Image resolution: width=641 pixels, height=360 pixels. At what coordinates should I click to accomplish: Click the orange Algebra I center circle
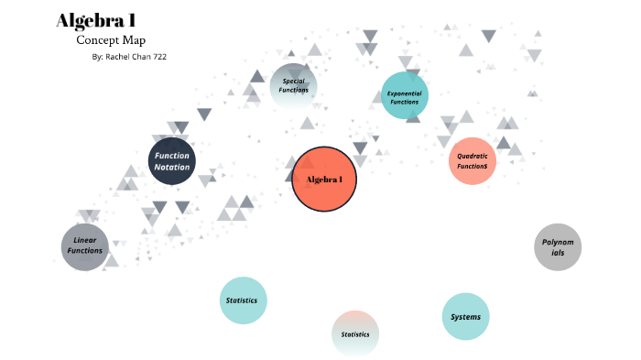coord(323,179)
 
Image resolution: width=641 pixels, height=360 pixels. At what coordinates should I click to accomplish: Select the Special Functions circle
coord(294,86)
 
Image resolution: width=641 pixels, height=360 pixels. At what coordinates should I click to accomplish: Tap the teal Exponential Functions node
coord(404,96)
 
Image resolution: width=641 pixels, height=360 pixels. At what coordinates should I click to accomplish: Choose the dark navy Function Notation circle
coord(172,161)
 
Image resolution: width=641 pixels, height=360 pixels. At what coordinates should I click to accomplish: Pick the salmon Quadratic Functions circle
coord(473,160)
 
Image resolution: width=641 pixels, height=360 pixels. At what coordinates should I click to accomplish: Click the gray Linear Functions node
coord(85,245)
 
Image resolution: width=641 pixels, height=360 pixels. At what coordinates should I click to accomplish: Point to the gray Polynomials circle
coord(558,246)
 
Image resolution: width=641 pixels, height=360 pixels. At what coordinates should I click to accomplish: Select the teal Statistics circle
coord(243,300)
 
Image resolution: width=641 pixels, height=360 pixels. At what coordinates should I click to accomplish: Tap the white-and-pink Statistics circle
coord(355,333)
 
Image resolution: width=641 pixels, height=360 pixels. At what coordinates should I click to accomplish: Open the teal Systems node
coord(465,317)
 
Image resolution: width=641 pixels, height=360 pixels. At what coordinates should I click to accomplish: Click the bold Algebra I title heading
coord(96,21)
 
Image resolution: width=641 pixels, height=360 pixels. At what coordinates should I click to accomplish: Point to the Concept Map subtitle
coord(111,40)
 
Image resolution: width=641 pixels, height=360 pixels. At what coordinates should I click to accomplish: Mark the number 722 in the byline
coord(158,57)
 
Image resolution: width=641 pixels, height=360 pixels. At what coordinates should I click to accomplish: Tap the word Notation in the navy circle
coord(172,167)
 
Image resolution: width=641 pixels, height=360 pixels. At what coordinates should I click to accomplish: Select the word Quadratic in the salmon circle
coord(473,156)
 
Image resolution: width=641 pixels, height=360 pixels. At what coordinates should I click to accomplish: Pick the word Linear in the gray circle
coord(85,240)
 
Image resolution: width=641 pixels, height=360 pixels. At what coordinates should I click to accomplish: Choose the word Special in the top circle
coord(294,81)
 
